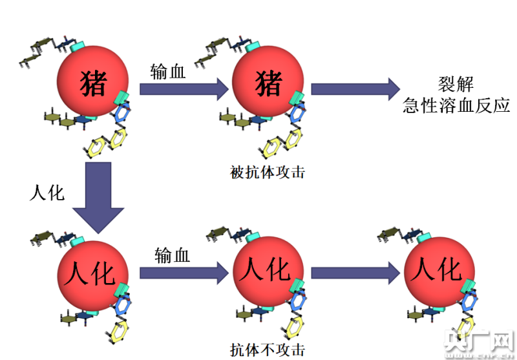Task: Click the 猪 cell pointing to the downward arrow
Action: tap(92, 81)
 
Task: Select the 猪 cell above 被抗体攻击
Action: tap(268, 81)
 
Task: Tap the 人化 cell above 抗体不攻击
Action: tap(268, 271)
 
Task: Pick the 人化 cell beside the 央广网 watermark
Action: tap(439, 272)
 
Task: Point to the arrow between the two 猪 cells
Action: tap(184, 89)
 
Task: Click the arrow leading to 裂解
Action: tap(355, 89)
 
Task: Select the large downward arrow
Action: tap(98, 198)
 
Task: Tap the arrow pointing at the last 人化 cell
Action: tap(355, 273)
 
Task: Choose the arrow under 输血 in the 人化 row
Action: tap(184, 273)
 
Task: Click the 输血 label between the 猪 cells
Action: tap(168, 72)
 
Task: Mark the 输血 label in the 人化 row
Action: tap(172, 255)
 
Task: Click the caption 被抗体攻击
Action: tap(268, 173)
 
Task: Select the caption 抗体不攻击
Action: tap(268, 350)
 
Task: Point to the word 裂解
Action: tap(456, 84)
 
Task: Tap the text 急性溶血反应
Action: tap(456, 106)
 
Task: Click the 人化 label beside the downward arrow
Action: tap(47, 193)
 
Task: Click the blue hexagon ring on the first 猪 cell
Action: tap(122, 113)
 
